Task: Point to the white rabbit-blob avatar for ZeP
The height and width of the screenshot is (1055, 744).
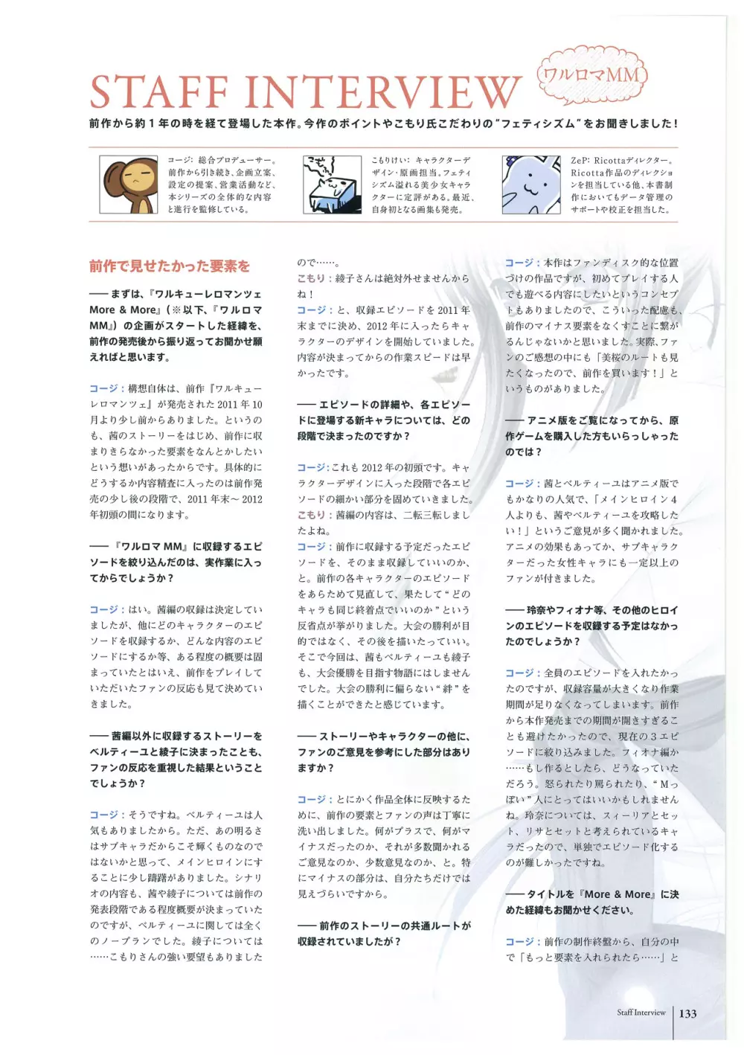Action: [x=531, y=185]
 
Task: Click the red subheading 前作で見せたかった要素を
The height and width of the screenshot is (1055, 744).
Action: [x=170, y=266]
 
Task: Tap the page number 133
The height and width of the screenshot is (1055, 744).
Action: [x=687, y=1013]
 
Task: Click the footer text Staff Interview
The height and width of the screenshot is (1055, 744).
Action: [x=641, y=1013]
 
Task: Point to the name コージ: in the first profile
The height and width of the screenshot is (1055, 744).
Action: [x=180, y=161]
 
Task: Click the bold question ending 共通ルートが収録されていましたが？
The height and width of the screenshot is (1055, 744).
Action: [x=384, y=934]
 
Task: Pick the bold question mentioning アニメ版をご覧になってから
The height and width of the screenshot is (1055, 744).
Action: [x=591, y=436]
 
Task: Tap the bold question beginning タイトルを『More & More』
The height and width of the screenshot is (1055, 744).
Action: [x=591, y=902]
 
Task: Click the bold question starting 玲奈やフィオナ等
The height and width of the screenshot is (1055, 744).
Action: [x=591, y=625]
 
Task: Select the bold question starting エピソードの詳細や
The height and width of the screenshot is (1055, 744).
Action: [x=384, y=420]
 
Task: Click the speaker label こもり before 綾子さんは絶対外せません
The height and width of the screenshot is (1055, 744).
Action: [x=311, y=278]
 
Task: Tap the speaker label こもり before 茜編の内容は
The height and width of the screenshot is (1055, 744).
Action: [x=311, y=515]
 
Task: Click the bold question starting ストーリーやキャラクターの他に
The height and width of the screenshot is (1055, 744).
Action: [x=384, y=751]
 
